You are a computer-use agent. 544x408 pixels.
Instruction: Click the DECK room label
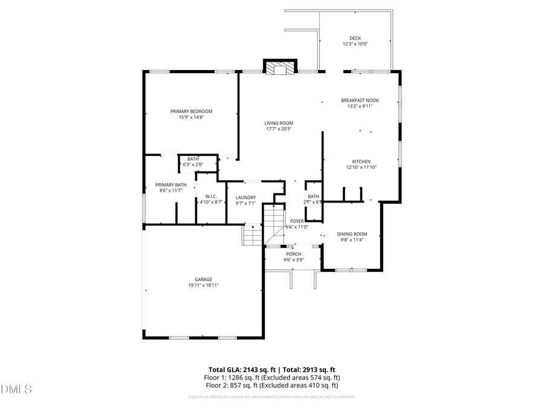coord(355,38)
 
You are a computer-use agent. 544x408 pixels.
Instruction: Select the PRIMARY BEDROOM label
coord(191,111)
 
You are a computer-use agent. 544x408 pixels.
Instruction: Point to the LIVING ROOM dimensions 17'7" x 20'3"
coord(279,129)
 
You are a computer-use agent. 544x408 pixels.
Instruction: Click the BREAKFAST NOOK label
coord(360,100)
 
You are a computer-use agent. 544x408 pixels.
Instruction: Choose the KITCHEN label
coord(361,161)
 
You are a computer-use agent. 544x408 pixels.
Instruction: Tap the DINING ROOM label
coord(352,234)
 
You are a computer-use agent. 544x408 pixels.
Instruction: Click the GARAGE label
coord(203,279)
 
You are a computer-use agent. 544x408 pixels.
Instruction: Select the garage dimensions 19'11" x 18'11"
coord(203,285)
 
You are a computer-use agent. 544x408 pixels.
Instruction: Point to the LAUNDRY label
coord(245,198)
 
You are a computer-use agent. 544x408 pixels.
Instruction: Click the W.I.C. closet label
coord(211,196)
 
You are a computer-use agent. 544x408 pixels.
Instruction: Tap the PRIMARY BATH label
coord(171,185)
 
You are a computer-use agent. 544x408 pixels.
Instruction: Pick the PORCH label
coord(294,254)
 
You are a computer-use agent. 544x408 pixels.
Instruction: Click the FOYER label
coord(297,221)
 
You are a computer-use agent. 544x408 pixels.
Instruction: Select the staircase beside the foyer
coord(274,224)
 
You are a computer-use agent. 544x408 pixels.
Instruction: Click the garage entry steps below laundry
coord(252,235)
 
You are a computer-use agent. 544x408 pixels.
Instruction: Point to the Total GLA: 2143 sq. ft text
coord(241,369)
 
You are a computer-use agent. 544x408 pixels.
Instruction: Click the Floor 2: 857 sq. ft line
coord(272,385)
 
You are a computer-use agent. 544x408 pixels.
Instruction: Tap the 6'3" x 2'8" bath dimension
coord(192,164)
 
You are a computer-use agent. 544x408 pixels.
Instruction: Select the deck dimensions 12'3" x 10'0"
coord(355,44)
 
